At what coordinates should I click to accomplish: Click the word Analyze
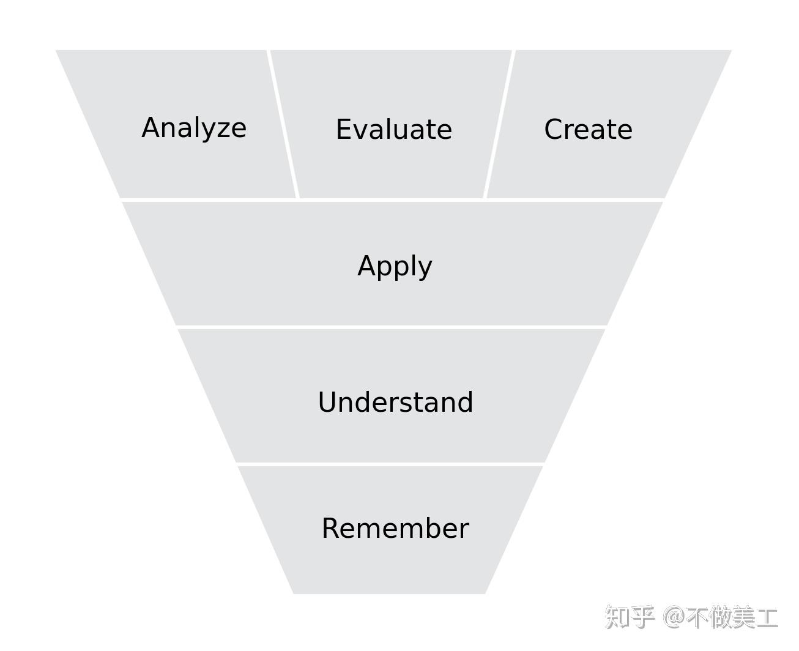coord(193,128)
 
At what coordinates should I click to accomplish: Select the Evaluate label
coord(393,130)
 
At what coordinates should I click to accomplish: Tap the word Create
coord(588,130)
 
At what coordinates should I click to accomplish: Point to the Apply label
coord(395,267)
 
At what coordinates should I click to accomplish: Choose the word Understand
coord(395,402)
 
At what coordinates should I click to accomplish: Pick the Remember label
coord(395,528)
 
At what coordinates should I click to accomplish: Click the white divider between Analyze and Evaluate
coord(283,124)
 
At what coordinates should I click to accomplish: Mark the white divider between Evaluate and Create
coord(499,124)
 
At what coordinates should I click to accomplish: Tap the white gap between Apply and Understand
coord(392,327)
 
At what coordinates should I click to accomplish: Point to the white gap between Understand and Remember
coord(390,464)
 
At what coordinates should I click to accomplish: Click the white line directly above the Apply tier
coord(392,200)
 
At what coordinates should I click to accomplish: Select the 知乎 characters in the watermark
coord(630,617)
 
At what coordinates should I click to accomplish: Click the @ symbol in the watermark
coord(674,617)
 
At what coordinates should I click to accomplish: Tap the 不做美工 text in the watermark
coord(732,617)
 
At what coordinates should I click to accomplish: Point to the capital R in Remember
coord(330,528)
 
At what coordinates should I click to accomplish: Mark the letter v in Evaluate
coord(362,132)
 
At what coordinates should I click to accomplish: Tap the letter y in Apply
coord(425,270)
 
